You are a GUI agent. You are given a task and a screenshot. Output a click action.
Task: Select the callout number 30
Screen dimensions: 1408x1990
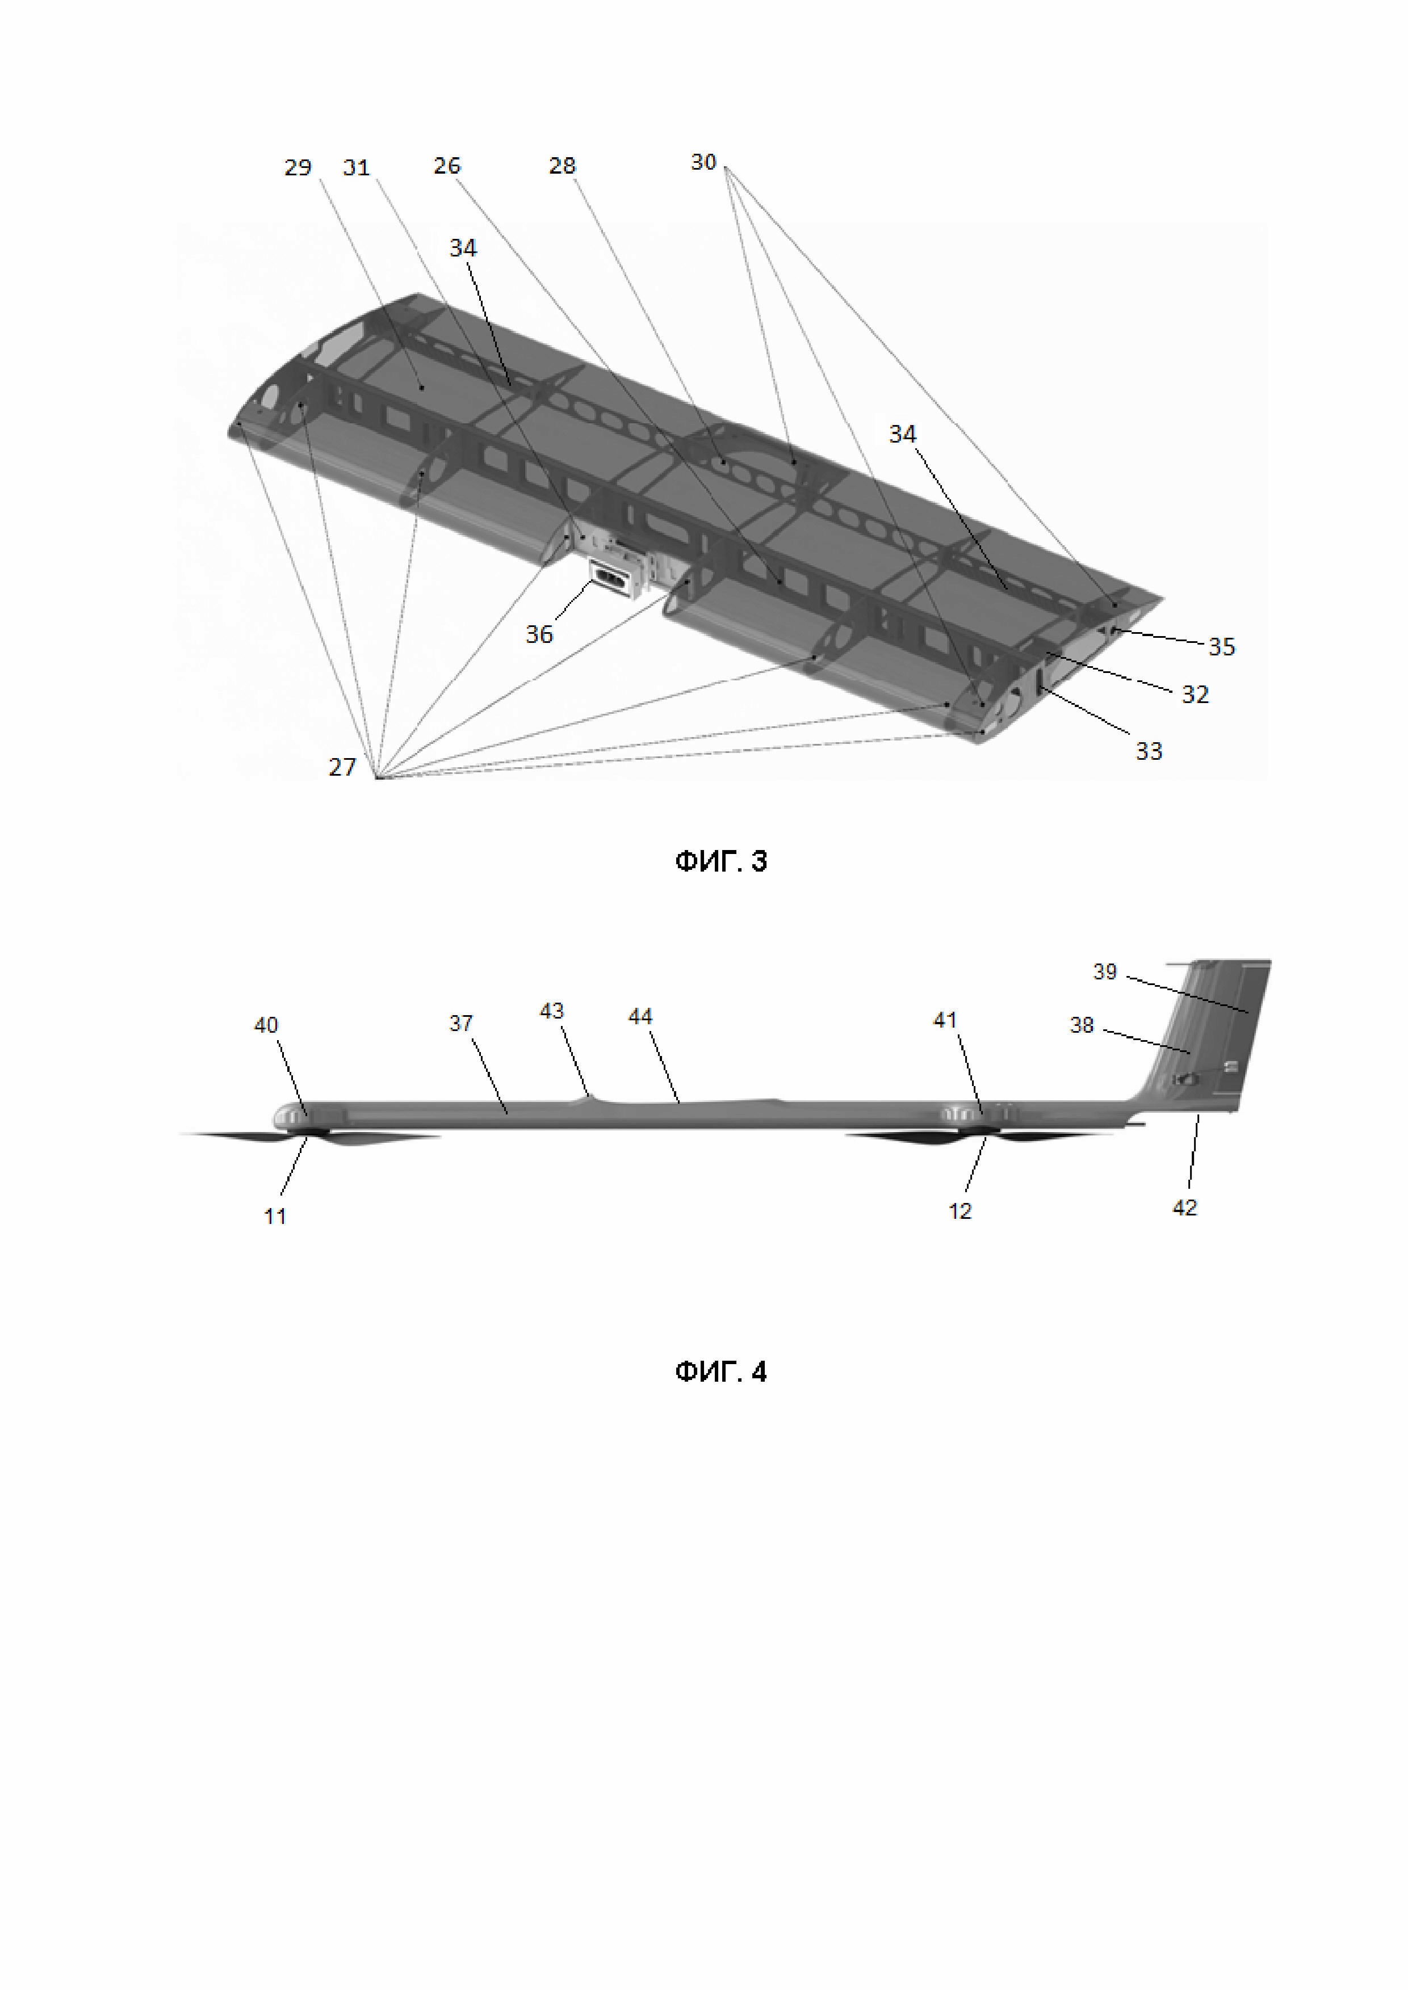tap(703, 162)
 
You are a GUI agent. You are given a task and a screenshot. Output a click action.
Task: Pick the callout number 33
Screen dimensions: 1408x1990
tap(1149, 751)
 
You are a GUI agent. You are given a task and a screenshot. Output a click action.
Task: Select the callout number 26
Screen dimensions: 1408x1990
tap(446, 166)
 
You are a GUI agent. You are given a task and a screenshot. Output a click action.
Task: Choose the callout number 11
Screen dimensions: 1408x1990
tap(275, 1216)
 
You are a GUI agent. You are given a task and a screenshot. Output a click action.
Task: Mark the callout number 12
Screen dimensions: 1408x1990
tap(959, 1211)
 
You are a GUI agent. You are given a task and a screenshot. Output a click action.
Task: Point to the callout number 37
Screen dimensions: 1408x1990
tap(460, 1024)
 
